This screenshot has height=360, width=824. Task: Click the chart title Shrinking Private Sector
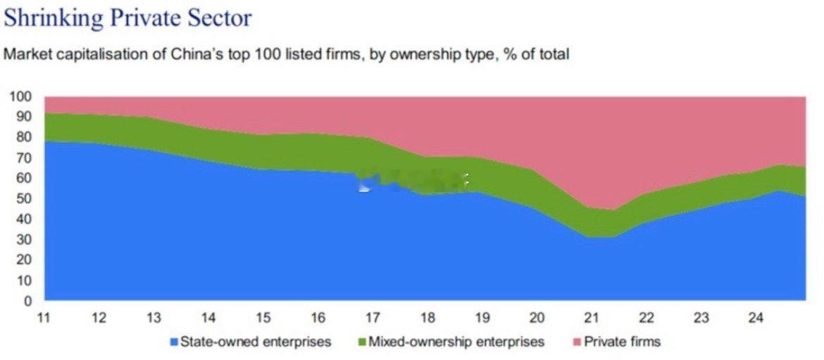127,18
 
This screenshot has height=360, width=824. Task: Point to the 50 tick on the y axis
25,199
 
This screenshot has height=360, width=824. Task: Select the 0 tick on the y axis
28,301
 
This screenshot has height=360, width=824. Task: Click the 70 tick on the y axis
25,157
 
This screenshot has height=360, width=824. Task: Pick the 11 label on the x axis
44,318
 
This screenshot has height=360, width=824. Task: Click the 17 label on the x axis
373,318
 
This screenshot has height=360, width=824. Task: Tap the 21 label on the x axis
592,318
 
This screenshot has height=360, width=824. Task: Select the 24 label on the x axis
756,318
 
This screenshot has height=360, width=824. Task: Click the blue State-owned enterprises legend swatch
173,342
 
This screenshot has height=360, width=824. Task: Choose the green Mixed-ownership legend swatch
361,342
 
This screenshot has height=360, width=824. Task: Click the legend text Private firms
623,342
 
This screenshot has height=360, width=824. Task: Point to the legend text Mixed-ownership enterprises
456,342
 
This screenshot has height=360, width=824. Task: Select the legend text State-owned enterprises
256,342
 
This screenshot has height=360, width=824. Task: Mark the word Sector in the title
221,18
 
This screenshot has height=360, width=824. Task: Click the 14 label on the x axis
208,318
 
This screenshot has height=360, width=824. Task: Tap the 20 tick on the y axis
25,260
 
